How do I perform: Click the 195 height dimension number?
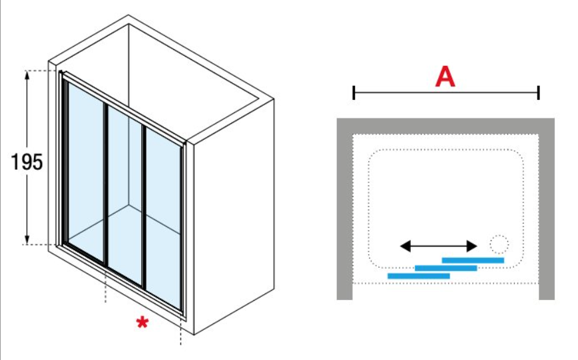click(27, 162)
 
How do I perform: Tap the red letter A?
click(445, 77)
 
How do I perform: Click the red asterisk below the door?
click(142, 324)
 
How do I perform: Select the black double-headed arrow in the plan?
click(439, 246)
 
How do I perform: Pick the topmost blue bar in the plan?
click(473, 260)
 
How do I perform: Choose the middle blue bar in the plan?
click(445, 268)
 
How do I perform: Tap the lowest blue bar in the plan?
click(418, 275)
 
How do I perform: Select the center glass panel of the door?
click(125, 193)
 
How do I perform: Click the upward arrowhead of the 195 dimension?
click(27, 75)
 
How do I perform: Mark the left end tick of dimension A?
click(354, 93)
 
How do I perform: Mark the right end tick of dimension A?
click(538, 93)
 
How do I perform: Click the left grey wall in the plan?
click(344, 213)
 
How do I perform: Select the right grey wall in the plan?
click(547, 213)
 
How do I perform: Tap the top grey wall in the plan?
click(445, 126)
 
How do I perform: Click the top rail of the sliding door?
click(123, 105)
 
